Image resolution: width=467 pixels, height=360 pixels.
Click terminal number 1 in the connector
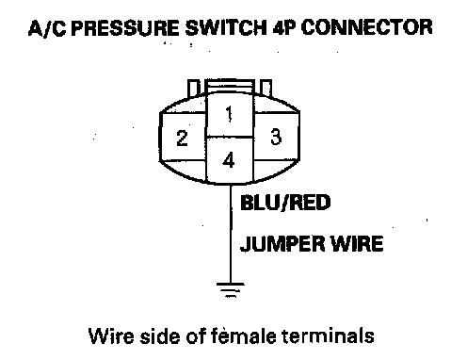pos(229,114)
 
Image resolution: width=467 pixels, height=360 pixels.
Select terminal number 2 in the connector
pos(182,139)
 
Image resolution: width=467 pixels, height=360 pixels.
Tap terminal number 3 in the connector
pos(276,137)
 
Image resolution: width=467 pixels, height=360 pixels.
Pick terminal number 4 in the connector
pos(229,160)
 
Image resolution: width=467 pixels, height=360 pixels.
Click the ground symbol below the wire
pos(231,290)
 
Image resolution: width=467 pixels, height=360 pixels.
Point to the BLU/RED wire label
pos(285,203)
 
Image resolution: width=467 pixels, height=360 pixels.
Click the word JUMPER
pos(283,244)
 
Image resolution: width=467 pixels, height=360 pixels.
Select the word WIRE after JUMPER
pos(358,244)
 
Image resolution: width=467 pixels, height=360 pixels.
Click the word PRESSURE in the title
pos(126,27)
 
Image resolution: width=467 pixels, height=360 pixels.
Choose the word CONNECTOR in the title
pos(366,27)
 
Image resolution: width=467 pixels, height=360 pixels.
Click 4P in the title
pos(284,27)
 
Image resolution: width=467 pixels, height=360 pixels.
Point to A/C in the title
pos(47,27)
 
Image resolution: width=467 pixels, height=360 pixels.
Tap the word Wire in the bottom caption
pos(111,335)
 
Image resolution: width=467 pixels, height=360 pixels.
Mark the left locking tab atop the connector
pos(193,88)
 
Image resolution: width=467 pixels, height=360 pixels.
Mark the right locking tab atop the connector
pos(266,88)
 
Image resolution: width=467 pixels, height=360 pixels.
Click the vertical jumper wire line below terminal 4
pos(231,234)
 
